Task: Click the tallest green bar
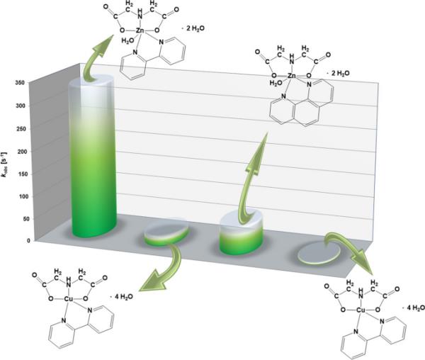[x=93, y=157]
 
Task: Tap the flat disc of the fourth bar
[x=319, y=253]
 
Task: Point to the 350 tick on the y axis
[x=21, y=83]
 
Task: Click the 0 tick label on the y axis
[x=28, y=240]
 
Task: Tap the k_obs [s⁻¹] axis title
[x=5, y=165]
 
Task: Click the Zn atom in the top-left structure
[x=140, y=30]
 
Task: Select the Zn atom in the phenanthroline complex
[x=292, y=76]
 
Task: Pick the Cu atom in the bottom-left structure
[x=68, y=299]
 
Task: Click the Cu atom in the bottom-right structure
[x=361, y=310]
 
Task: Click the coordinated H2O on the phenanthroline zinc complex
[x=276, y=83]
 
